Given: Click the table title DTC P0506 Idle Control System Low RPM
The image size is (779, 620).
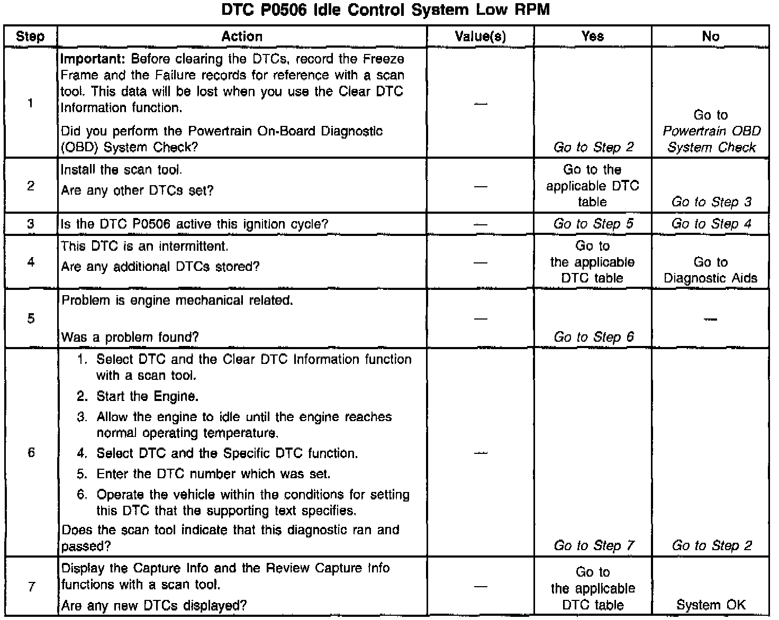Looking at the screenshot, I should coord(385,10).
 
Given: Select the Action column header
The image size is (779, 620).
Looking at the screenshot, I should coord(242,37).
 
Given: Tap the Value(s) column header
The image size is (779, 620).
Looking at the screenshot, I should coord(480,37).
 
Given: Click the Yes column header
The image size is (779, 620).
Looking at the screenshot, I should coord(592,37).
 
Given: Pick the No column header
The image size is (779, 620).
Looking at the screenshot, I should coord(710,37).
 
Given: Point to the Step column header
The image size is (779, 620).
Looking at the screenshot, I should coord(30,37).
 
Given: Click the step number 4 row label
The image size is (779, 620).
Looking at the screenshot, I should coord(31,262).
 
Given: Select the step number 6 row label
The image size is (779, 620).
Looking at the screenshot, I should coord(31,452).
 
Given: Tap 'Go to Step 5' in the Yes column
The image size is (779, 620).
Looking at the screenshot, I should coord(593,224).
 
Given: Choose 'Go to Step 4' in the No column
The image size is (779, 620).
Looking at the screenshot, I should coord(711,224).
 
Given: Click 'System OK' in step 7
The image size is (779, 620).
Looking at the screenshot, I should coord(710,605).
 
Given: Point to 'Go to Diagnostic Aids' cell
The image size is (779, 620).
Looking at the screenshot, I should coord(710,270).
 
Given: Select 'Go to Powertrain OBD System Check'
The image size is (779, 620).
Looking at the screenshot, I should coord(711,131).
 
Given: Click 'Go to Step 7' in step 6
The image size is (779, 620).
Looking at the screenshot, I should coord(593,545).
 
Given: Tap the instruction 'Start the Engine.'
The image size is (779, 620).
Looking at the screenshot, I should coord(147,396).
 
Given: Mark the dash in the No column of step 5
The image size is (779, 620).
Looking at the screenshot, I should coord(710,319).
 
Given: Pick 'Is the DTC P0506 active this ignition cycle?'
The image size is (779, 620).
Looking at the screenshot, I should coord(194,224).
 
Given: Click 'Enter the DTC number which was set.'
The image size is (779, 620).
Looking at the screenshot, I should coord(213,473).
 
